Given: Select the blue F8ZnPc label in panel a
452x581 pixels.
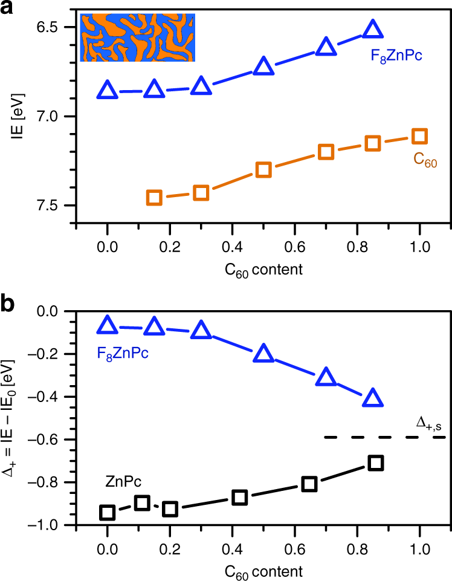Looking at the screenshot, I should (x=396, y=57).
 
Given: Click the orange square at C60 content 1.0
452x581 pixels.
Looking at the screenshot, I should (x=419, y=136).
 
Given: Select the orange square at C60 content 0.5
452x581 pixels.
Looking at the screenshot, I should (x=263, y=170).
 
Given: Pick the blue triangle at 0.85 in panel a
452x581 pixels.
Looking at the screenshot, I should (x=372, y=30).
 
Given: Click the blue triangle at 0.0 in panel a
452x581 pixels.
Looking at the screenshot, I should (x=108, y=91).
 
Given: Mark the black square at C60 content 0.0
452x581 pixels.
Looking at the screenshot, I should (x=108, y=513).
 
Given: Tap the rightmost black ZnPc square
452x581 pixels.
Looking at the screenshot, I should (x=376, y=463).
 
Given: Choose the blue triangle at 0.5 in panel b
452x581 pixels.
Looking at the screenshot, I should (x=263, y=354).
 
